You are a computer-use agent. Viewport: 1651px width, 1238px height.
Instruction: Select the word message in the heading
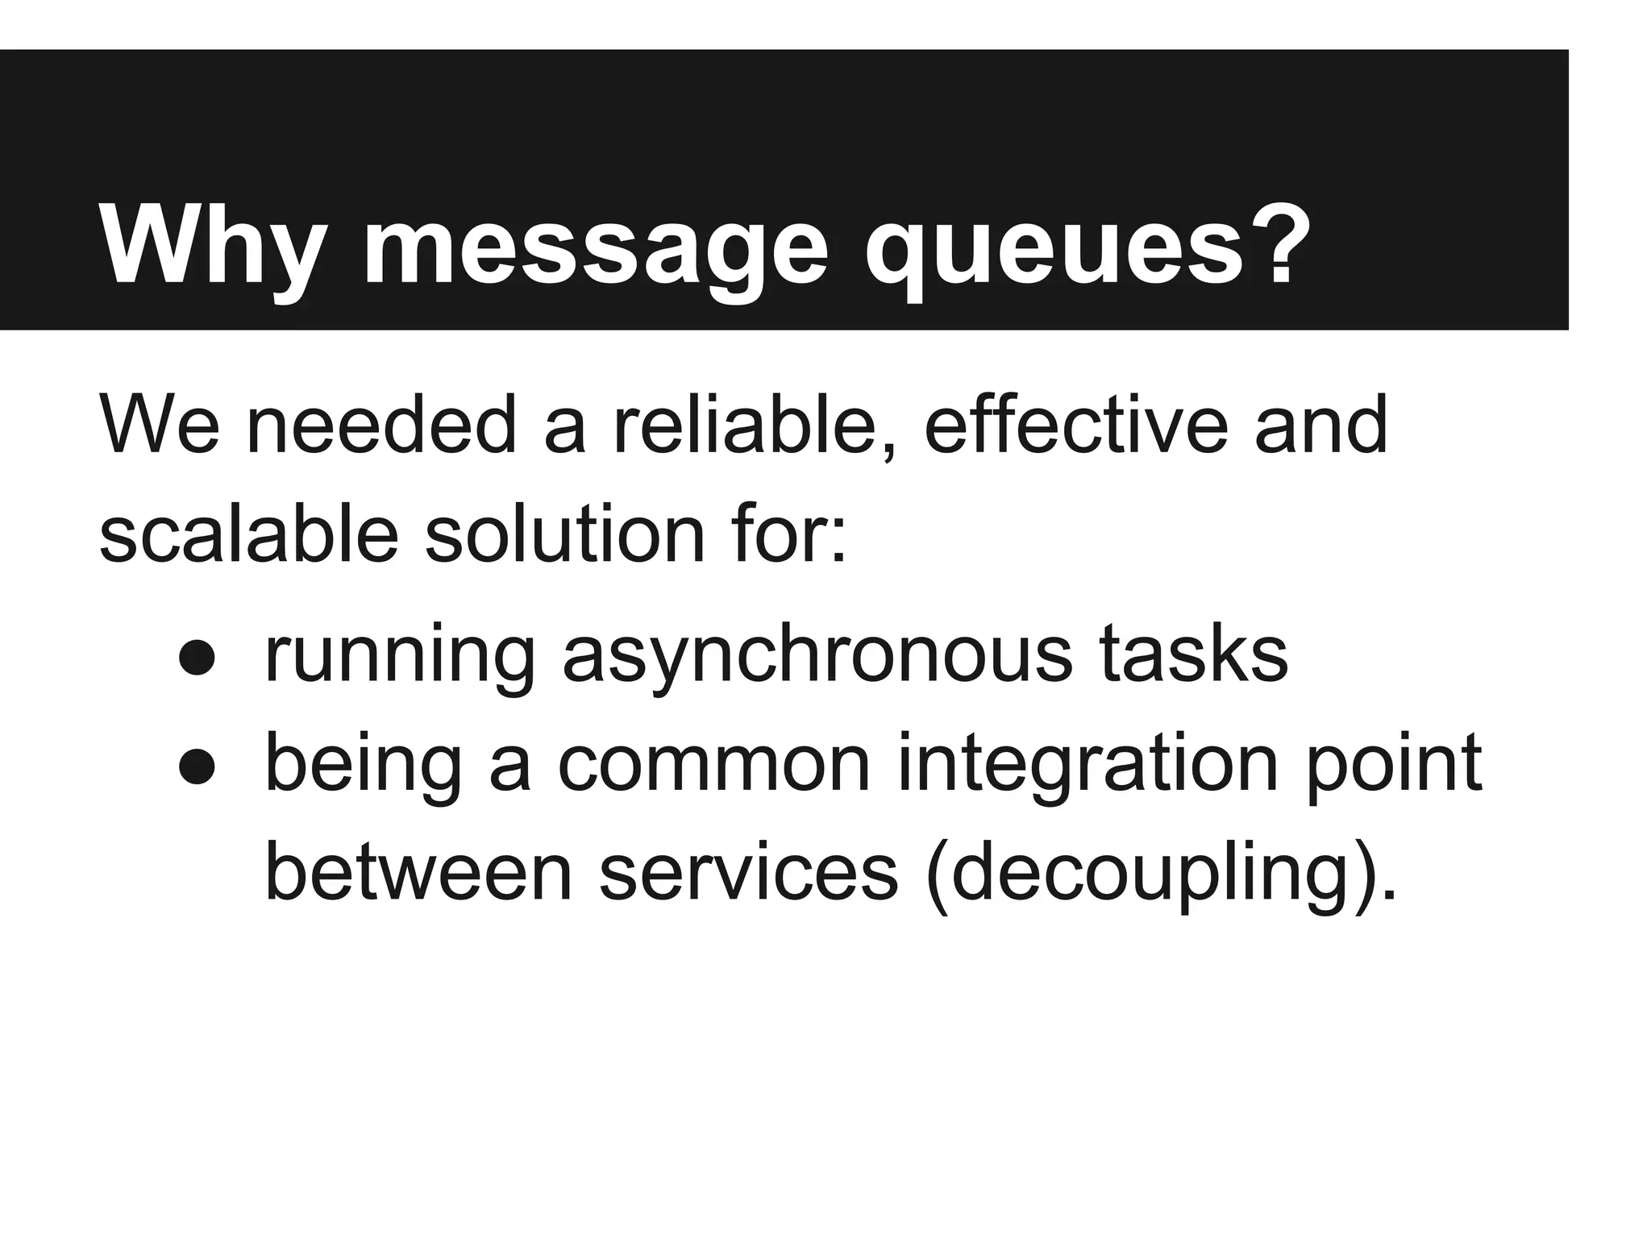[x=595, y=247]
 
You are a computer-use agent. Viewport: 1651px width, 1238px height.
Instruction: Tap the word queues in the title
[x=1054, y=247]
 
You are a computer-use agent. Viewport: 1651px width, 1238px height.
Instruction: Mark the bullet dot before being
[x=197, y=767]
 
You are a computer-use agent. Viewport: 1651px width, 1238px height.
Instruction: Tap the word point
[x=1393, y=766]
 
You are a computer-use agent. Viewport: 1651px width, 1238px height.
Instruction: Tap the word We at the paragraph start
[x=159, y=425]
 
